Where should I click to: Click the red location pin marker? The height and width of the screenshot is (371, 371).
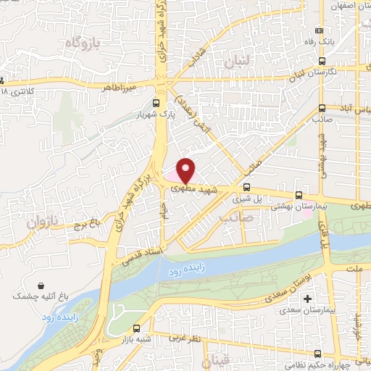185,171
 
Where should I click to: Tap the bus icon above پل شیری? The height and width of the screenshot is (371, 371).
246,185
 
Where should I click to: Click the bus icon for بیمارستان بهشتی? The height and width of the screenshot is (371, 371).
299,195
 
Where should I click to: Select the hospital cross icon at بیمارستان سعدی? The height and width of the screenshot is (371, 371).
308,299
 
